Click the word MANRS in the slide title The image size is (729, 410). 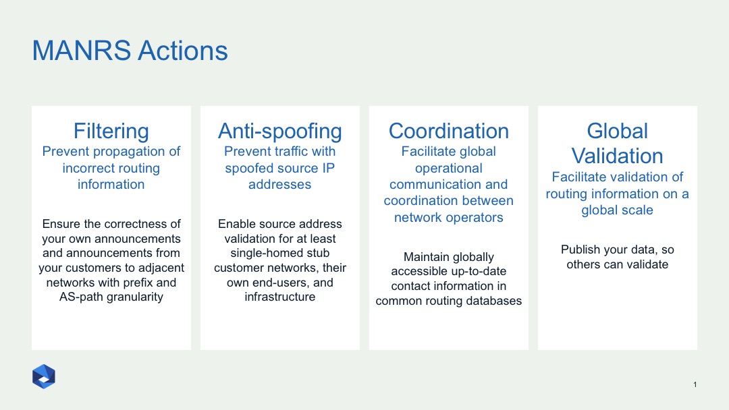[82, 50]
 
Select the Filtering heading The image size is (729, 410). [111, 131]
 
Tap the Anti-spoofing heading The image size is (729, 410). [280, 131]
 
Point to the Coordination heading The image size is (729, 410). [449, 131]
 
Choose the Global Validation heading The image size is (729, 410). [618, 144]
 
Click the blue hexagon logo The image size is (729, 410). [44, 376]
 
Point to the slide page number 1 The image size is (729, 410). [695, 384]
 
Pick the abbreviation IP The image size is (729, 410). [328, 168]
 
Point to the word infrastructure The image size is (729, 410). [280, 297]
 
